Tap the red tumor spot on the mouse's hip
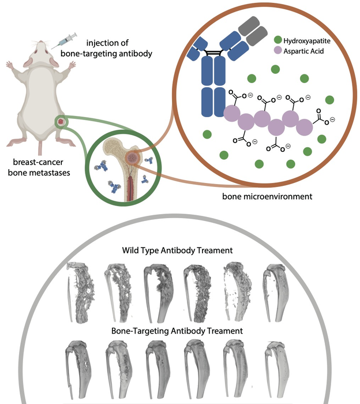click(59, 122)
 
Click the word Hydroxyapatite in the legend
click(303, 40)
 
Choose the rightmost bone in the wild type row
click(275, 291)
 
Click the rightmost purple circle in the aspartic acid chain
click(303, 122)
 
